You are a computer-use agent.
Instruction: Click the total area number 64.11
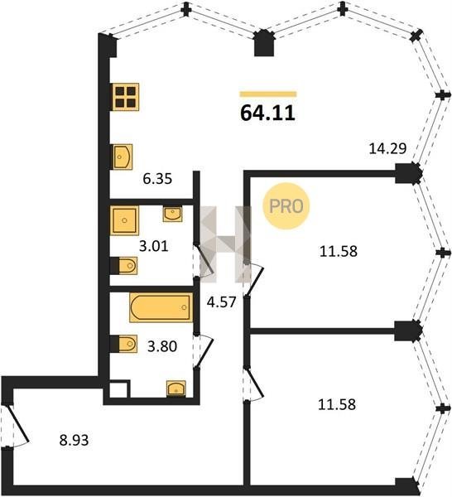[267, 113]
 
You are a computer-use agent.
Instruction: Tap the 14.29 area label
[387, 148]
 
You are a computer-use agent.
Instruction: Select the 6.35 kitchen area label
[157, 179]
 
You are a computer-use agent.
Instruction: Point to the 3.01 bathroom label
[154, 246]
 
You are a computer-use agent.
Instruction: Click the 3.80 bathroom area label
[162, 346]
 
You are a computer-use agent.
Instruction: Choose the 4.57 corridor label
[221, 302]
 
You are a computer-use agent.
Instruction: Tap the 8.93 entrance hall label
[75, 440]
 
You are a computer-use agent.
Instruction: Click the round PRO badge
[286, 206]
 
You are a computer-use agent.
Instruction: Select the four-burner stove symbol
[126, 97]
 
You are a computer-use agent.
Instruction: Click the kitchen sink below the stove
[123, 157]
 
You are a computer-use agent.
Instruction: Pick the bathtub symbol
[161, 307]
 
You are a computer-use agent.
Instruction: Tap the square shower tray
[124, 220]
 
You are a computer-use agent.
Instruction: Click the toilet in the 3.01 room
[124, 266]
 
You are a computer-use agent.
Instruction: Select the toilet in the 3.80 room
[124, 344]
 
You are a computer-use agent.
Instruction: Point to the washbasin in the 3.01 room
[173, 214]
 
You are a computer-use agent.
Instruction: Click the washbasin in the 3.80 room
[176, 388]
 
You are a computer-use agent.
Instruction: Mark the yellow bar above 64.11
[268, 94]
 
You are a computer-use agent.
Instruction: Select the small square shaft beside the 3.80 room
[119, 388]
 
